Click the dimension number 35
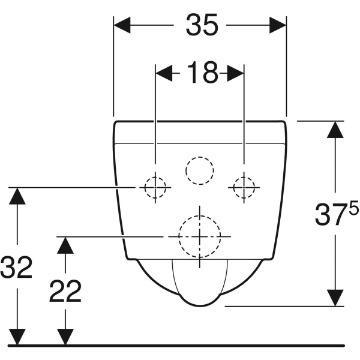pos(202,25)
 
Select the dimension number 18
pos(202,73)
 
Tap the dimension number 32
pos(16,267)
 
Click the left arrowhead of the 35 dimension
pos(122,25)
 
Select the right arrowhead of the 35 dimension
pos(278,25)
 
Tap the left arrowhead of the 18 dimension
pos(164,73)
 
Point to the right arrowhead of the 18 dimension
pos(235,73)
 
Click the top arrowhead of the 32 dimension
pos(17,196)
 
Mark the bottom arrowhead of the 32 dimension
pos(17,337)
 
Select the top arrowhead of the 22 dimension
pos(65,245)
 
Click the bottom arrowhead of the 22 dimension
pos(65,337)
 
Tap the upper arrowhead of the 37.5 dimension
pos(335,130)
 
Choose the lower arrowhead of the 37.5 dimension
pos(335,298)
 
